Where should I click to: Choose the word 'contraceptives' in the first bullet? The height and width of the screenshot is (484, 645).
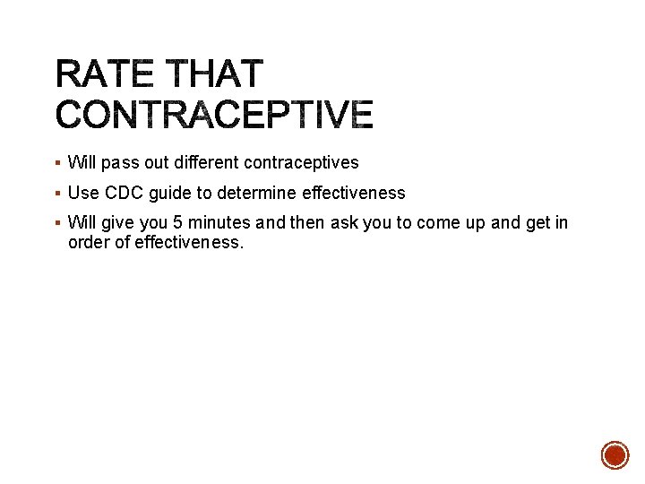(x=301, y=163)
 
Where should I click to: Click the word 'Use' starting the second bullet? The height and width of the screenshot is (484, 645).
(x=83, y=193)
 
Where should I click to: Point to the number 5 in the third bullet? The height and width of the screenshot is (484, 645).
(x=178, y=223)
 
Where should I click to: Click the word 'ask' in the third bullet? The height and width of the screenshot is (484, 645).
(x=344, y=223)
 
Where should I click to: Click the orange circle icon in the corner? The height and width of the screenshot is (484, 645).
(x=615, y=454)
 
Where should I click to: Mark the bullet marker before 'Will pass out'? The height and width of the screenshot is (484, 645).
(x=57, y=164)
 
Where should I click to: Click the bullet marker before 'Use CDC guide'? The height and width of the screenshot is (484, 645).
(x=57, y=194)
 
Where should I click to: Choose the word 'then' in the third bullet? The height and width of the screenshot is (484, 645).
(x=308, y=223)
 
